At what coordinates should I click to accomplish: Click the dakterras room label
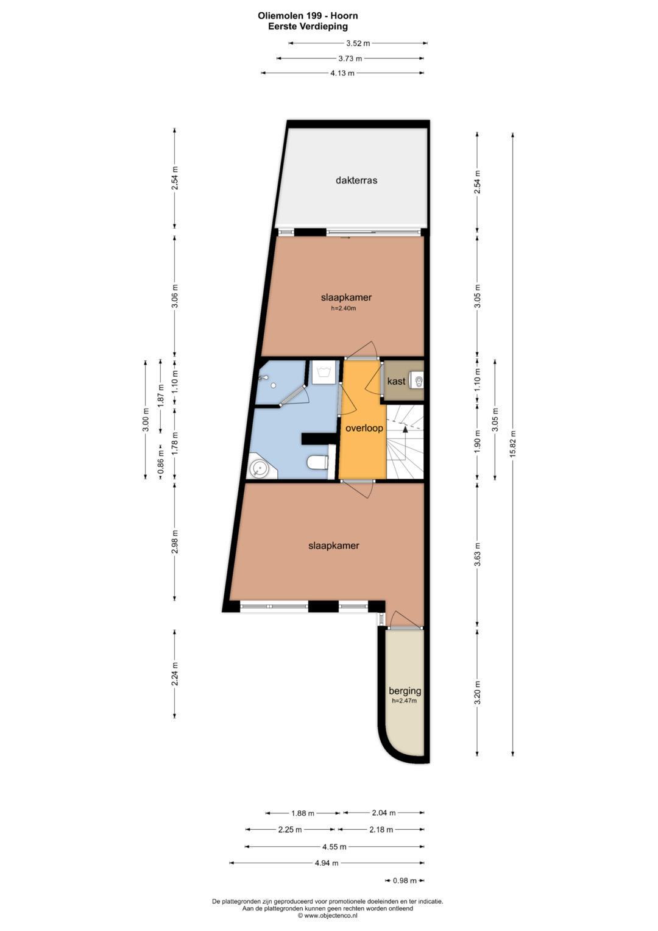click(x=356, y=180)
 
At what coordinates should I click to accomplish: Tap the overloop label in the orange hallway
click(x=364, y=428)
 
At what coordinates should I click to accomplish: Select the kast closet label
click(x=396, y=381)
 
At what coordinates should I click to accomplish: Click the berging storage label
click(x=405, y=691)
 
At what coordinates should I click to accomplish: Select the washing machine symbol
click(x=323, y=373)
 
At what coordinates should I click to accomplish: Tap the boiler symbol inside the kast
click(x=417, y=380)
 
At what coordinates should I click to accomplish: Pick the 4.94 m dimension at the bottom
click(x=326, y=863)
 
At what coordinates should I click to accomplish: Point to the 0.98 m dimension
click(x=405, y=881)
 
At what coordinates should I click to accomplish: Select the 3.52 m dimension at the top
click(x=358, y=43)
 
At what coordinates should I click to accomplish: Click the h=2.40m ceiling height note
click(x=343, y=309)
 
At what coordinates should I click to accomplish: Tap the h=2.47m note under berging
click(x=404, y=701)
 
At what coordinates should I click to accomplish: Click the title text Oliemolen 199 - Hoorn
click(x=308, y=16)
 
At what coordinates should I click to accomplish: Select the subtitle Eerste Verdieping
click(x=308, y=27)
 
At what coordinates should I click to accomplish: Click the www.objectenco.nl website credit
click(x=327, y=916)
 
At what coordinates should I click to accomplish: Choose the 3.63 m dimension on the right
click(x=478, y=554)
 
